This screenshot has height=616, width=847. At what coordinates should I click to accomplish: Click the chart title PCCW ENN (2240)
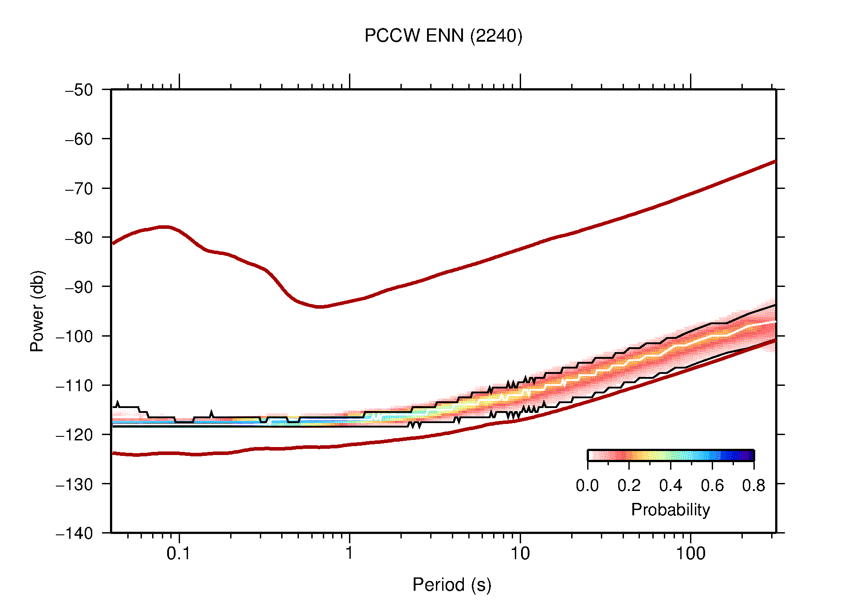click(443, 35)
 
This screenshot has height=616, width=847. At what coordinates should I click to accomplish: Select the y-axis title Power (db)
click(37, 311)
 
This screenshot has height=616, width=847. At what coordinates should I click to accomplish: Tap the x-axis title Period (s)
click(451, 585)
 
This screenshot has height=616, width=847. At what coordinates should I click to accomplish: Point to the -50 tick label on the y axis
click(79, 90)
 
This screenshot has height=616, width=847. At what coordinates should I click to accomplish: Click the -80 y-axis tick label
click(79, 238)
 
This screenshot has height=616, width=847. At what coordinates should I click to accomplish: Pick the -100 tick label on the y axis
click(75, 336)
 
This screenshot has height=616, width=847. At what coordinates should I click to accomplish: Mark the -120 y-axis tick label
click(75, 435)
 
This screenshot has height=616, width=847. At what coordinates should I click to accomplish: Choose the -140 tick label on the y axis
click(75, 533)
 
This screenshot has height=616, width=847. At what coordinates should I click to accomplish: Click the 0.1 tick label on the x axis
click(179, 553)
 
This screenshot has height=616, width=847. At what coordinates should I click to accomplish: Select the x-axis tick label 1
click(349, 553)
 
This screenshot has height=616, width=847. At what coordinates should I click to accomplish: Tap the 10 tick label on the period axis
click(520, 553)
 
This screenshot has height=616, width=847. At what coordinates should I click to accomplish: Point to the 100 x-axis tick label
click(690, 553)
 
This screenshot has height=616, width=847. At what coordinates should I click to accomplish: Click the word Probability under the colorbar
click(670, 510)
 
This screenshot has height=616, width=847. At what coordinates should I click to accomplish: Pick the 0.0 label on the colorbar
click(587, 486)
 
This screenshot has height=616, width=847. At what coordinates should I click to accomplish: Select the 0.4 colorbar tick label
click(671, 486)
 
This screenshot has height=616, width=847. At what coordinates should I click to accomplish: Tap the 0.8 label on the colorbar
click(753, 486)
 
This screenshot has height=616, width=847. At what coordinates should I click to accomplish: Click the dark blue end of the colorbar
click(749, 455)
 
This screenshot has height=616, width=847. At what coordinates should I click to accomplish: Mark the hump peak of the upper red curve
click(164, 227)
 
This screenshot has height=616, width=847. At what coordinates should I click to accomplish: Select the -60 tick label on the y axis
click(79, 139)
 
